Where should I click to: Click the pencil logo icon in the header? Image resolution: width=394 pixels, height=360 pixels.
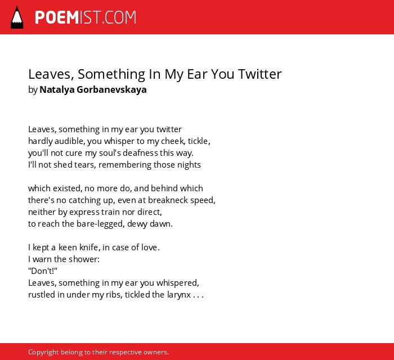click(x=17, y=17)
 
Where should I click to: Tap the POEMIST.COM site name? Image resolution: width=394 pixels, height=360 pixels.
click(x=86, y=17)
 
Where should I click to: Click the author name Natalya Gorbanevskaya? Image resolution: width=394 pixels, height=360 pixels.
click(x=93, y=89)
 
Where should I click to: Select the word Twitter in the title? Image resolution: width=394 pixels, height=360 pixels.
click(x=260, y=74)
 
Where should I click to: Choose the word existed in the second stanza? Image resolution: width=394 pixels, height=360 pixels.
click(x=68, y=188)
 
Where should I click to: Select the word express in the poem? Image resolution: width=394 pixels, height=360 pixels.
click(x=84, y=213)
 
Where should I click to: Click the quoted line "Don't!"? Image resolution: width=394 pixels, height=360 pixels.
click(x=43, y=271)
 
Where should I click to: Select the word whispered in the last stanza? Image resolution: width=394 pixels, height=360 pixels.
click(x=178, y=283)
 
